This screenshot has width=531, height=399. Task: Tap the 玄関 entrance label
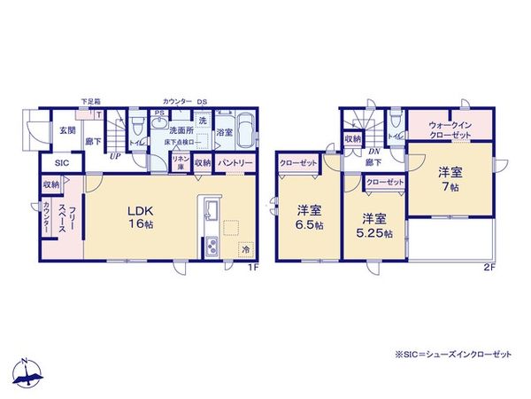[67, 130]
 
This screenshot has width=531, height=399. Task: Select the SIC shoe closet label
[61, 164]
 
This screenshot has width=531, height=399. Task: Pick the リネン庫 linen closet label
[179, 164]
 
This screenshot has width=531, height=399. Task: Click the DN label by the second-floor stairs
[373, 151]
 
